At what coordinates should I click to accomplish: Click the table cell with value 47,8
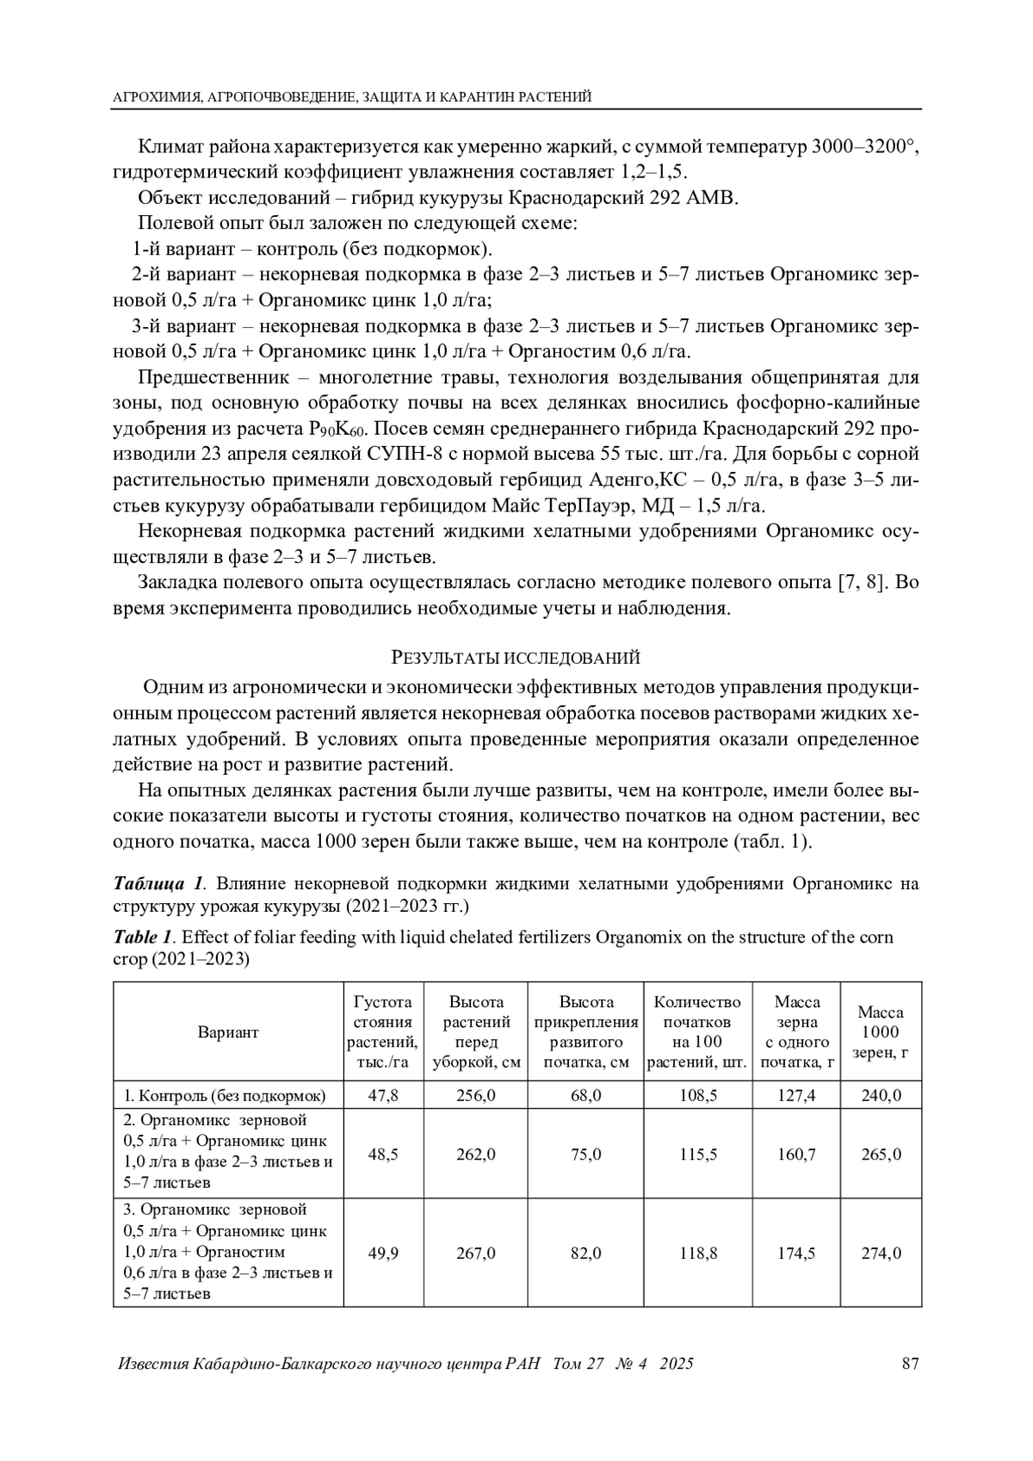pyautogui.click(x=383, y=1095)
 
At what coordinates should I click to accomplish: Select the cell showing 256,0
pyautogui.click(x=476, y=1095)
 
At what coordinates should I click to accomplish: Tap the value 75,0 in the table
pyautogui.click(x=586, y=1155)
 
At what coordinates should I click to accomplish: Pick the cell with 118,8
pyautogui.click(x=698, y=1253)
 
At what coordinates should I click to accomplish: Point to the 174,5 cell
pyautogui.click(x=796, y=1253)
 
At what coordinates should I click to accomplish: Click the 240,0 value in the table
pyautogui.click(x=881, y=1095)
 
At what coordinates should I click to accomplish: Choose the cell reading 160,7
pyautogui.click(x=796, y=1155)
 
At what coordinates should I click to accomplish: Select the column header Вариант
pyautogui.click(x=228, y=1032)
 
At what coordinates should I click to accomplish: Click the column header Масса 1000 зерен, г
pyautogui.click(x=881, y=1032)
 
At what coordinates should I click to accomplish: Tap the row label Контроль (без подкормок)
pyautogui.click(x=225, y=1096)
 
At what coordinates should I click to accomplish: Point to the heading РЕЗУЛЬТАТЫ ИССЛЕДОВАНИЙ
pyautogui.click(x=516, y=659)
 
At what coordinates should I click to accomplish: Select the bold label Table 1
pyautogui.click(x=144, y=937)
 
